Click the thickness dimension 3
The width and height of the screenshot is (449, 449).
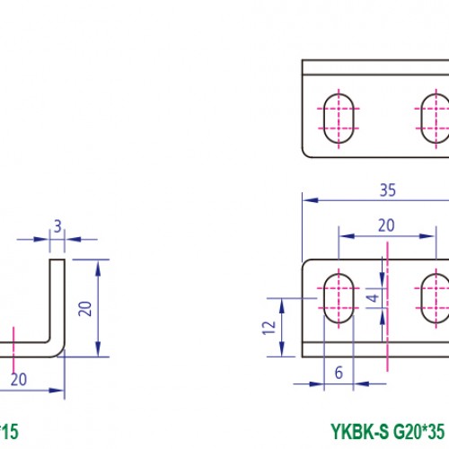pos(57,227)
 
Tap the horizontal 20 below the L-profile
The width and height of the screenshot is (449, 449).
pos(18,380)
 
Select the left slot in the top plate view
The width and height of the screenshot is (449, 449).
pos(339,117)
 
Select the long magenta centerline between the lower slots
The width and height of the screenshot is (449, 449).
pos(386,305)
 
